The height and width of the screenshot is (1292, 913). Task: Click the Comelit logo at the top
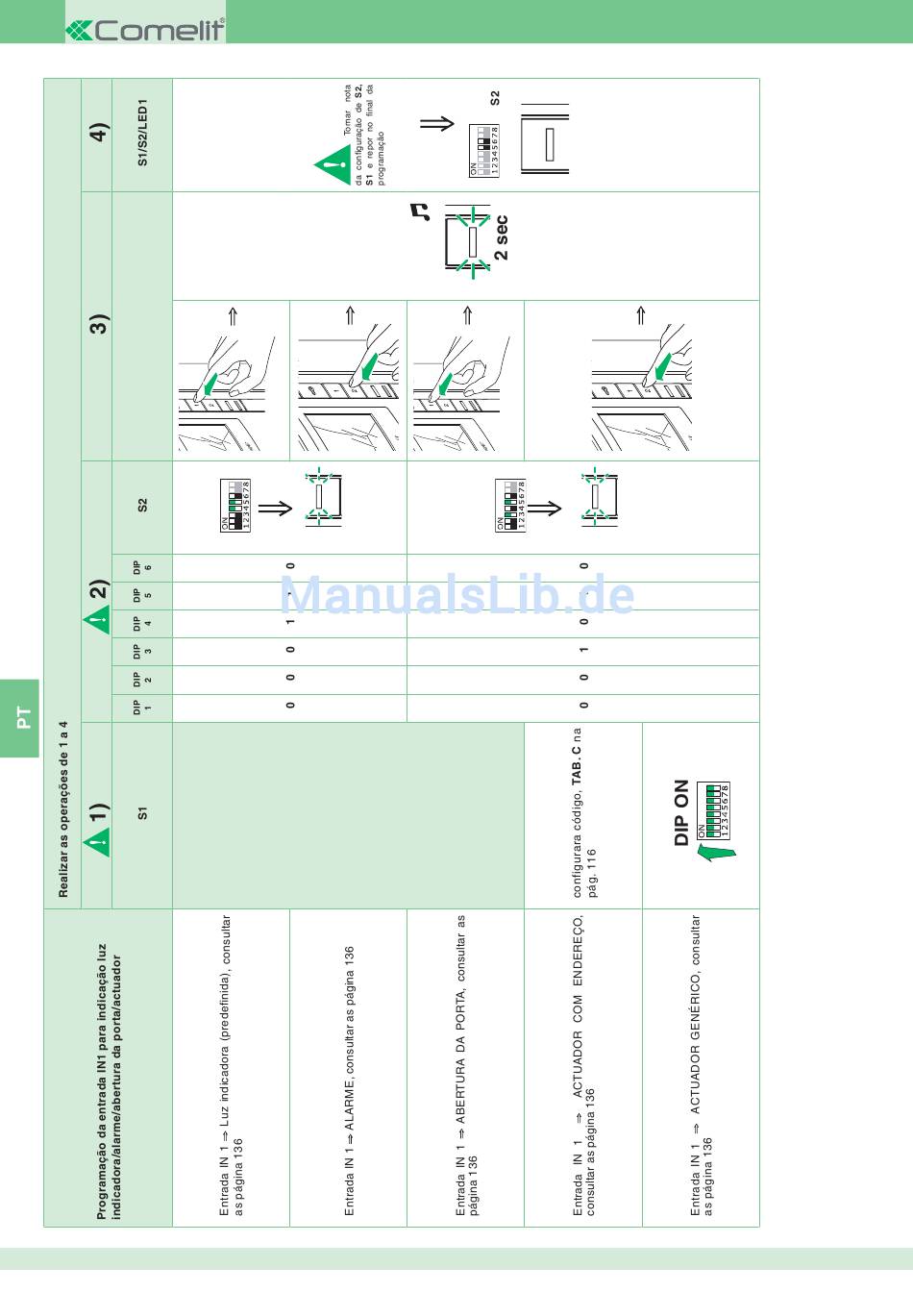point(145,30)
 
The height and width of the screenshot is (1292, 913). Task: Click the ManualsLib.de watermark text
point(456,595)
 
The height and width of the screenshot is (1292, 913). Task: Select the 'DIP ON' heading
point(681,812)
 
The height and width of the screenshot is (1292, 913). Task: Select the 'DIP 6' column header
point(142,568)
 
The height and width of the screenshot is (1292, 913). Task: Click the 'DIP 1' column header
point(142,708)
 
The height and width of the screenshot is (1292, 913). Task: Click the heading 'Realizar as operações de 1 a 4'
point(63,807)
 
